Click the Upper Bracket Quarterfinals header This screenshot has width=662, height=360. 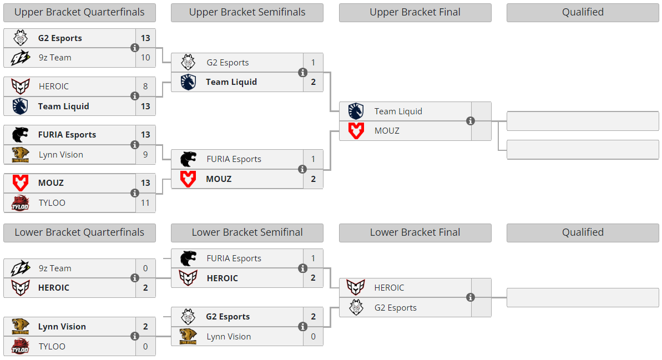(x=79, y=13)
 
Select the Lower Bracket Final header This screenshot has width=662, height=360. (x=415, y=232)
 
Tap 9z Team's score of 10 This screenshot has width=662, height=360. (x=145, y=57)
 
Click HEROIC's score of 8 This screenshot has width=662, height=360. (x=145, y=86)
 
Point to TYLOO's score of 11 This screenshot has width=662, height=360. (x=145, y=202)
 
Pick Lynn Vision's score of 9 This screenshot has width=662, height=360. (x=145, y=154)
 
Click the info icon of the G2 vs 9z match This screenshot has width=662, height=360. (x=135, y=48)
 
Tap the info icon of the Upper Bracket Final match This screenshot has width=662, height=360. (x=471, y=121)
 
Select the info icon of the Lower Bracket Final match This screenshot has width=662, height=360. (x=471, y=297)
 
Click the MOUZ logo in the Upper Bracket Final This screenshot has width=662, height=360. (x=356, y=131)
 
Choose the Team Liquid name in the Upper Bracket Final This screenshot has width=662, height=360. (x=398, y=111)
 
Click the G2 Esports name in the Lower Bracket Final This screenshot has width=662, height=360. (x=396, y=308)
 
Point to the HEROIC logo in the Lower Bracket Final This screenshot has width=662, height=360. (x=356, y=287)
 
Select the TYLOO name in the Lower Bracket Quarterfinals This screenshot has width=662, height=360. (x=52, y=347)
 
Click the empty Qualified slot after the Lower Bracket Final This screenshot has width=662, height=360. (x=583, y=297)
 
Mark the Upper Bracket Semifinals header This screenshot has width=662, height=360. (x=247, y=13)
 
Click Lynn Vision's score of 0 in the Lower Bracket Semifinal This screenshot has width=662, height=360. (x=314, y=336)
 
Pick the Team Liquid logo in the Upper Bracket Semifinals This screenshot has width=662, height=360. (x=188, y=82)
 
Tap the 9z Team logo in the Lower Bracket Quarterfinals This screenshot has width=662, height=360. (x=21, y=268)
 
